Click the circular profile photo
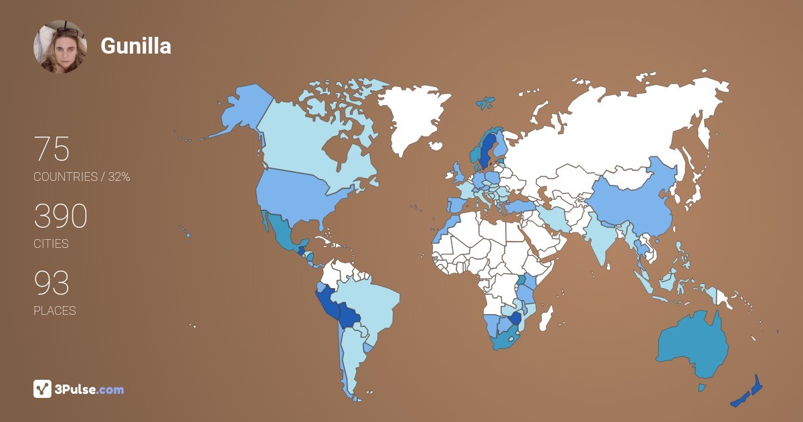pyautogui.click(x=60, y=46)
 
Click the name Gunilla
pyautogui.click(x=136, y=46)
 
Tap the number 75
pyautogui.click(x=52, y=149)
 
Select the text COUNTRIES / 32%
pyautogui.click(x=82, y=177)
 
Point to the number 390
pyautogui.click(x=60, y=216)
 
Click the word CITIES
pyautogui.click(x=51, y=244)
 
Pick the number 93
pyautogui.click(x=52, y=283)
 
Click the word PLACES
pyautogui.click(x=55, y=311)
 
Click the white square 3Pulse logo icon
pyautogui.click(x=42, y=389)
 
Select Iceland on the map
pyautogui.click(x=486, y=103)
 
